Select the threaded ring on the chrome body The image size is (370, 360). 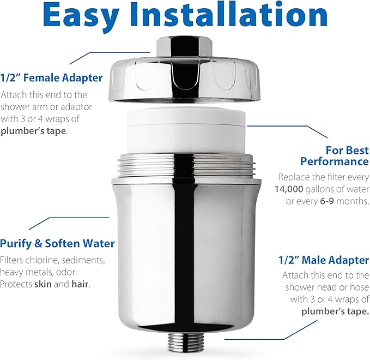[x=185, y=163]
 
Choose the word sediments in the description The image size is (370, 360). [x=84, y=259]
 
